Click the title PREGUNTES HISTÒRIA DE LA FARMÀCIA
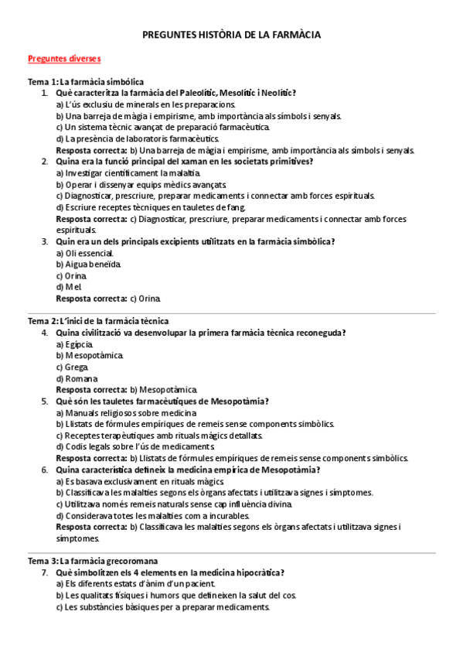pyautogui.click(x=231, y=35)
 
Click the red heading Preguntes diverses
pyautogui.click(x=64, y=58)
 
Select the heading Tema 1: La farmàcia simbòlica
pyautogui.click(x=86, y=81)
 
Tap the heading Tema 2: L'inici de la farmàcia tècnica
pyautogui.click(x=98, y=320)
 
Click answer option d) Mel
pyautogui.click(x=69, y=286)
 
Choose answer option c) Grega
pyautogui.click(x=72, y=367)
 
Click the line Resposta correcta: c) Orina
pyautogui.click(x=109, y=298)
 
